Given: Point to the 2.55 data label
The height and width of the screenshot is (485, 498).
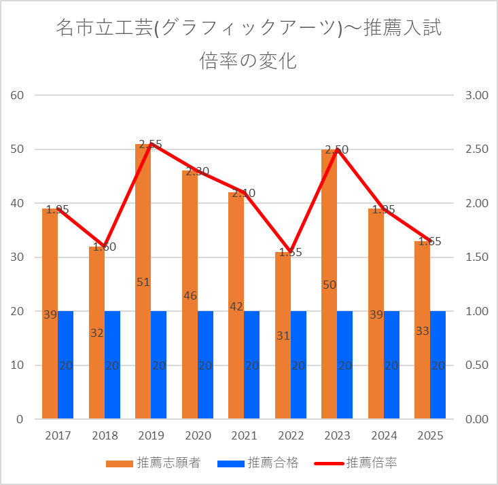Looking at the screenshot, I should click(x=150, y=145).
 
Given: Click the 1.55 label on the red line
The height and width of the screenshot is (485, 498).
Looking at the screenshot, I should click(x=290, y=252).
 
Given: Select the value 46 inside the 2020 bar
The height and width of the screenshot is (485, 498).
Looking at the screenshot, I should click(x=190, y=295).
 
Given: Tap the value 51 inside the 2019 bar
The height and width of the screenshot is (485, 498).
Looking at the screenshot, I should click(x=143, y=282).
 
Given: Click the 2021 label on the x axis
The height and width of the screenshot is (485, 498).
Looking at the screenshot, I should click(x=244, y=435).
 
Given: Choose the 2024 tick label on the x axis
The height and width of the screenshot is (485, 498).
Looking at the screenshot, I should click(x=383, y=435).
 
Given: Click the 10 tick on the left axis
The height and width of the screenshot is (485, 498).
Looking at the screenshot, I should click(x=18, y=365).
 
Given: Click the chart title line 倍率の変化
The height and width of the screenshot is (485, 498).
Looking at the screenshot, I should click(x=249, y=61).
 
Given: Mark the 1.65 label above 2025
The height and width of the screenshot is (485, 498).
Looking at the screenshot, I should click(x=430, y=241).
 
